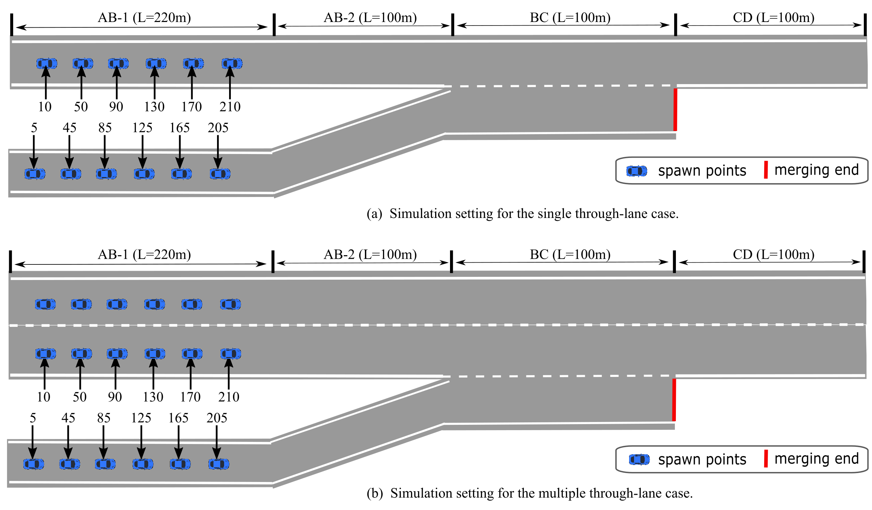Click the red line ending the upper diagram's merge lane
click(675, 110)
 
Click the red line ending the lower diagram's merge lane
click(674, 400)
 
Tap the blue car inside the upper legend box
click(637, 171)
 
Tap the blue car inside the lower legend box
click(639, 459)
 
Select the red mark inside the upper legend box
click(766, 170)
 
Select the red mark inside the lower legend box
click(766, 459)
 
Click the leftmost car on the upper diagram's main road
click(47, 64)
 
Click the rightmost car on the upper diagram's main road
click(232, 64)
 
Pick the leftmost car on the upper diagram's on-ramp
click(35, 174)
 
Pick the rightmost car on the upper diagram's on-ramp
click(220, 174)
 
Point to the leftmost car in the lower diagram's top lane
click(45, 304)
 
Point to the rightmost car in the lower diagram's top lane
click(231, 304)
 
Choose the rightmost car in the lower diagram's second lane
click(231, 353)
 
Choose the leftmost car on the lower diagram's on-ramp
click(34, 464)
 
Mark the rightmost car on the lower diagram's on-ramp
click(219, 464)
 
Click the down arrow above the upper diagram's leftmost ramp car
click(34, 159)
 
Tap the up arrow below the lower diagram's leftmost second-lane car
click(45, 369)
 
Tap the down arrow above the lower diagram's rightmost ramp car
click(217, 449)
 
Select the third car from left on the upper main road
click(118, 64)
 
